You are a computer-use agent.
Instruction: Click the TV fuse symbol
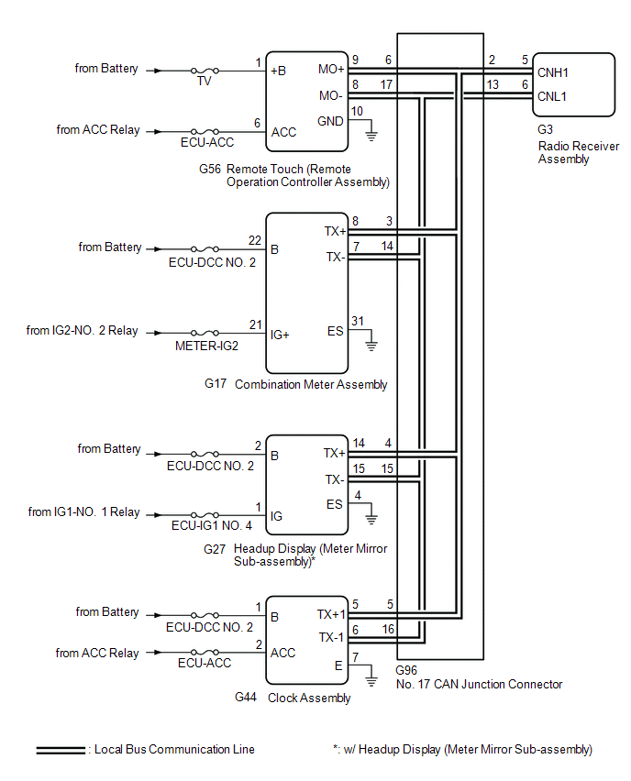[203, 70]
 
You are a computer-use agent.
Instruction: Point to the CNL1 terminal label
[552, 95]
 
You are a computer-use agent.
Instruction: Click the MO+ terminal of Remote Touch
[330, 69]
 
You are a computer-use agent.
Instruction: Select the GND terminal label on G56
[330, 121]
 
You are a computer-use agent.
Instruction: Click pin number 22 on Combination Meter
[255, 240]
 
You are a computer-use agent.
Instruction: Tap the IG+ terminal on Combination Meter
[281, 335]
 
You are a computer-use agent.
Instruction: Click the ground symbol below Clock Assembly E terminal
[371, 681]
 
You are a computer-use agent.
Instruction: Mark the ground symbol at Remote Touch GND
[371, 136]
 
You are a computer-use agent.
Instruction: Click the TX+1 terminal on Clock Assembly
[330, 614]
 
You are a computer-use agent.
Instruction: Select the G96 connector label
[408, 670]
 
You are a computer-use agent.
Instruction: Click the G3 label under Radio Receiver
[546, 130]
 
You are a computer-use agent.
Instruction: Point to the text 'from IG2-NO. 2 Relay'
[83, 330]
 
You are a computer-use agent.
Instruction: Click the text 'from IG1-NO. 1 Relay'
[83, 511]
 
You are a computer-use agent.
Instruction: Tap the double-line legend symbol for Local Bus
[61, 750]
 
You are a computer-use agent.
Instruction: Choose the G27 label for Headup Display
[215, 549]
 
